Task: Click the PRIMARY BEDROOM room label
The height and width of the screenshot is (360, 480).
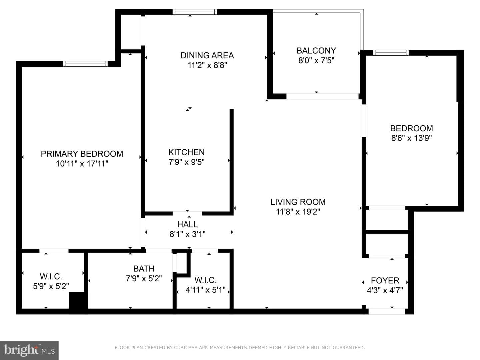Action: [82, 154]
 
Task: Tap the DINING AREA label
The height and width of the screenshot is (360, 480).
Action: [207, 56]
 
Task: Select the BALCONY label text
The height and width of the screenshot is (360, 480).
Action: [316, 51]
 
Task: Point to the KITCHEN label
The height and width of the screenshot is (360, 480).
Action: [187, 152]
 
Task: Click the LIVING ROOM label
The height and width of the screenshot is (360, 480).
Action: [298, 202]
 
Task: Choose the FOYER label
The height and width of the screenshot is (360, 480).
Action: [385, 281]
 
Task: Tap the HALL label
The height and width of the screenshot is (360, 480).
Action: [187, 224]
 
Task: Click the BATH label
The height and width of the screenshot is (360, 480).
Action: [144, 269]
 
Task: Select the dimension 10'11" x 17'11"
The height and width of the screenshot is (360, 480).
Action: [82, 164]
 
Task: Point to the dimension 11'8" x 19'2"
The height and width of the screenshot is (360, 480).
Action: [298, 212]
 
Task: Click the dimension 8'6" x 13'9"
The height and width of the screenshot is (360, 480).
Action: [411, 138]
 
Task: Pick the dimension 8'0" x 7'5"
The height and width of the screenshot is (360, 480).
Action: [316, 60]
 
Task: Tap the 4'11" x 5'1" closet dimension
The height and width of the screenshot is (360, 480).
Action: [205, 290]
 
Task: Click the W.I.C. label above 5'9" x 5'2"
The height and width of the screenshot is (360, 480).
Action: [51, 277]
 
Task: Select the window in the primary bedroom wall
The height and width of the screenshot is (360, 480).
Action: [86, 64]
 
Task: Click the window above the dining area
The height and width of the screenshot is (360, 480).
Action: [195, 12]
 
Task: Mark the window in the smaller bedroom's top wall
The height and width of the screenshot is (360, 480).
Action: [391, 53]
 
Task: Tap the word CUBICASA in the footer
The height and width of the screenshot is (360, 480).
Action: [185, 348]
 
